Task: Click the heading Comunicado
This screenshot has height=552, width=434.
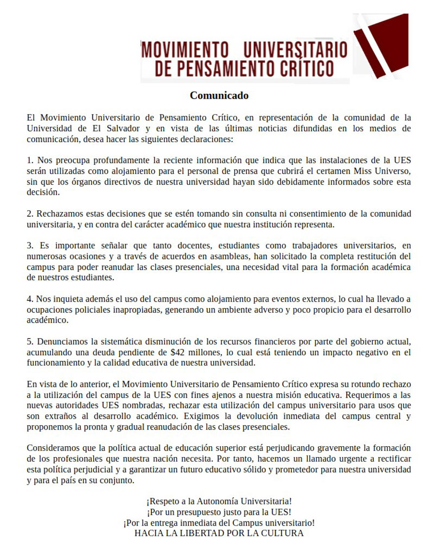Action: [219, 95]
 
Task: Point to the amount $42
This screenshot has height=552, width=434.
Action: [177, 352]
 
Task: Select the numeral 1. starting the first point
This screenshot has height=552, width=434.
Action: [30, 161]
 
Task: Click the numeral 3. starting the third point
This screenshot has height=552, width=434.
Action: [30, 245]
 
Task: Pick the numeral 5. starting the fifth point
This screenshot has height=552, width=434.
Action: [30, 342]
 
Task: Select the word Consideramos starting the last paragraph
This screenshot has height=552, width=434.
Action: [54, 448]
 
